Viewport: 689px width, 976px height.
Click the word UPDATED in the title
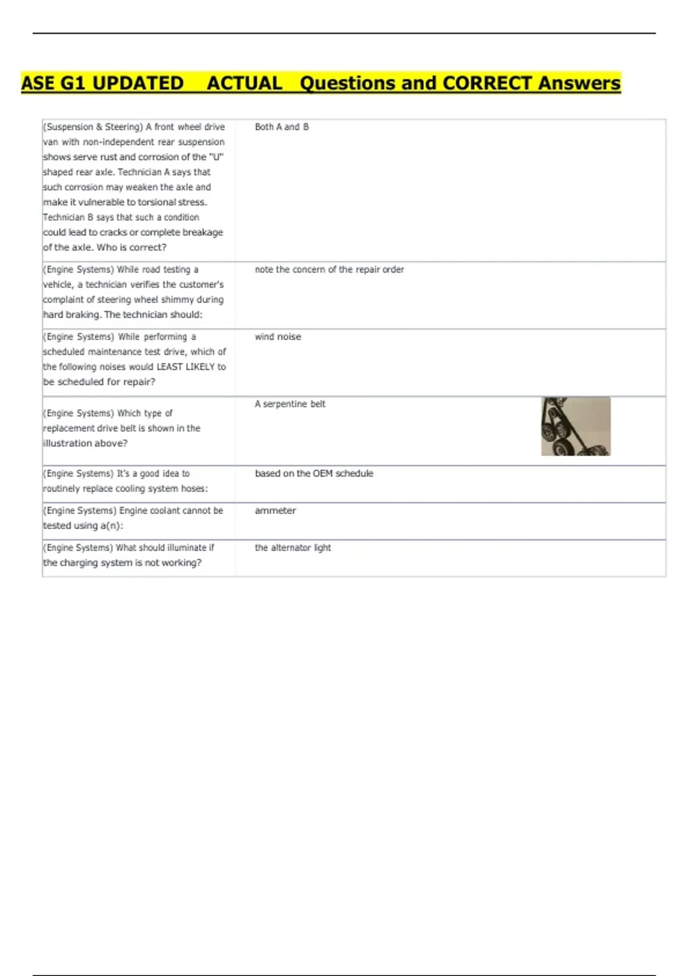pyautogui.click(x=138, y=83)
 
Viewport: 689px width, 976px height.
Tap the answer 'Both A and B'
pyautogui.click(x=281, y=127)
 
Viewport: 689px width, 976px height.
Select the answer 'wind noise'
pyautogui.click(x=278, y=337)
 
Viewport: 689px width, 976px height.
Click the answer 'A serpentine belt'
pyautogui.click(x=290, y=404)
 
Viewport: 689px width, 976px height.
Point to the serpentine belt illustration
pyautogui.click(x=575, y=427)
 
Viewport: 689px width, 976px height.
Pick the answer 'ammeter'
pyautogui.click(x=275, y=510)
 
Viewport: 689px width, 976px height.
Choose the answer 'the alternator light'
pyautogui.click(x=293, y=548)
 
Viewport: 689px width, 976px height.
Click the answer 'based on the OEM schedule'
pyautogui.click(x=314, y=474)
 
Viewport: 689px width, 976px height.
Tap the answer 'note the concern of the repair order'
pyautogui.click(x=329, y=270)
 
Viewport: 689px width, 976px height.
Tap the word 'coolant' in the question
pyautogui.click(x=165, y=510)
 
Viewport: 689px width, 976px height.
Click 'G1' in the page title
pyautogui.click(x=73, y=83)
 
